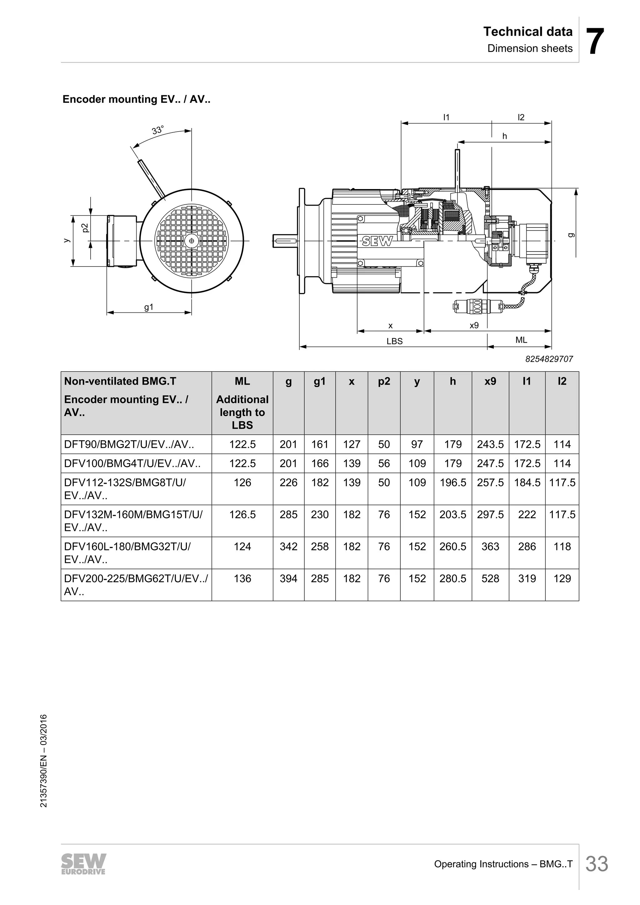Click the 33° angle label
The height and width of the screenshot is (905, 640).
click(x=157, y=130)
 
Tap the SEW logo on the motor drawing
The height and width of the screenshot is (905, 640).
click(x=377, y=241)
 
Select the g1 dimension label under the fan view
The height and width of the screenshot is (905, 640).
click(x=148, y=307)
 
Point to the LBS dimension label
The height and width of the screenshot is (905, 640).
click(x=394, y=341)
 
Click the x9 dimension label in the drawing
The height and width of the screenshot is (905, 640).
click(x=474, y=326)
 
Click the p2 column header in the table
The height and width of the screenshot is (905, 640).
click(x=384, y=381)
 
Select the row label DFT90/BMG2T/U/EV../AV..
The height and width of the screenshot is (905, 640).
click(x=129, y=444)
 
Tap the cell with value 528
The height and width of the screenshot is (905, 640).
click(x=490, y=579)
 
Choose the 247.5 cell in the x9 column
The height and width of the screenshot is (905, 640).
click(x=490, y=463)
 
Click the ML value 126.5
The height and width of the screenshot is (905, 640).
click(x=242, y=514)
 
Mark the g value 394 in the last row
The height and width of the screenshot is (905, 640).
click(x=288, y=579)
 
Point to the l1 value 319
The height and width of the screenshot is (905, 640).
click(x=527, y=579)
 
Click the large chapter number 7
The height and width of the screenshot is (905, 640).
click(x=595, y=41)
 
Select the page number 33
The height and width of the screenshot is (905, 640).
click(x=597, y=864)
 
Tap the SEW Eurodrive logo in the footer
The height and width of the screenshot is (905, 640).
click(x=83, y=864)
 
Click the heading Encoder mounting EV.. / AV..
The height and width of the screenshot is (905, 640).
click(x=136, y=99)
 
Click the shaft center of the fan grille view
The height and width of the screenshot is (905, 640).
click(x=192, y=241)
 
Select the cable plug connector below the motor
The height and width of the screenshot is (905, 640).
click(x=472, y=306)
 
